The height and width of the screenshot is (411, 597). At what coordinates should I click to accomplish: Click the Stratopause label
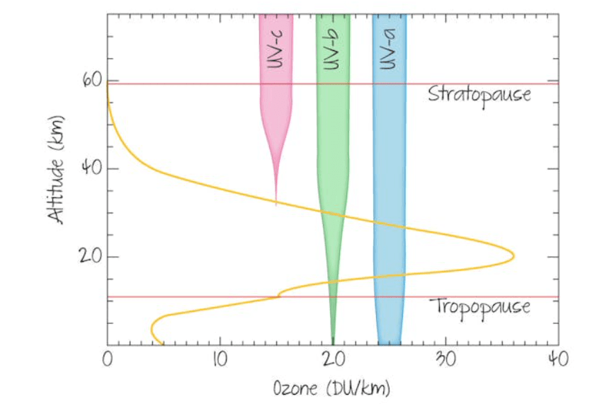click(479, 94)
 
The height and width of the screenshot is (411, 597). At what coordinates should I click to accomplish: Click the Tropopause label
click(479, 307)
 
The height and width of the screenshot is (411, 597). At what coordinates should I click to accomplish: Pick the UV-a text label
click(388, 52)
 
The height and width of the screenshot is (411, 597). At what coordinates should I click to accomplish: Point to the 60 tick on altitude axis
click(92, 81)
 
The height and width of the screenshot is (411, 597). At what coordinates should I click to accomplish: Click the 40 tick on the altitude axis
click(92, 168)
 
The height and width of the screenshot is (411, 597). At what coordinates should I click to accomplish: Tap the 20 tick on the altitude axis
click(92, 257)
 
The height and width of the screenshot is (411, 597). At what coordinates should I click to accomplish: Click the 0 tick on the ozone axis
click(107, 360)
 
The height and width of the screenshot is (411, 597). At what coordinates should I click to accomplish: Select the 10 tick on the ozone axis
click(220, 360)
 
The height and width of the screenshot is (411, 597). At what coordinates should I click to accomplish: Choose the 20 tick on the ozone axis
click(332, 360)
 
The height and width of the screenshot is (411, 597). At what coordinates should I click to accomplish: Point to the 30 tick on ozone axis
click(445, 360)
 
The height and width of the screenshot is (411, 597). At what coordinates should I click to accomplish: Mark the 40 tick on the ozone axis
click(558, 360)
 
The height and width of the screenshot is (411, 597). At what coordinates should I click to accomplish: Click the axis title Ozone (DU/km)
click(332, 388)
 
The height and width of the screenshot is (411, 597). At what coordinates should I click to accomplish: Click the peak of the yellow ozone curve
click(513, 256)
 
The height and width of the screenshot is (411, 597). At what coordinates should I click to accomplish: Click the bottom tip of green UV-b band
click(333, 344)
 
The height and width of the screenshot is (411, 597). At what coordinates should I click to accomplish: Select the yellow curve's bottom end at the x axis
click(163, 345)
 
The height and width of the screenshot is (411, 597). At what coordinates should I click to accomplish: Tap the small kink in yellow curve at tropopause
click(279, 293)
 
